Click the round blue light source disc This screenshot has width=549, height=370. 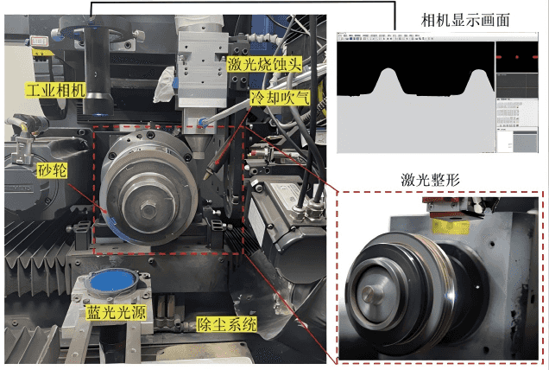coord(112,282)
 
